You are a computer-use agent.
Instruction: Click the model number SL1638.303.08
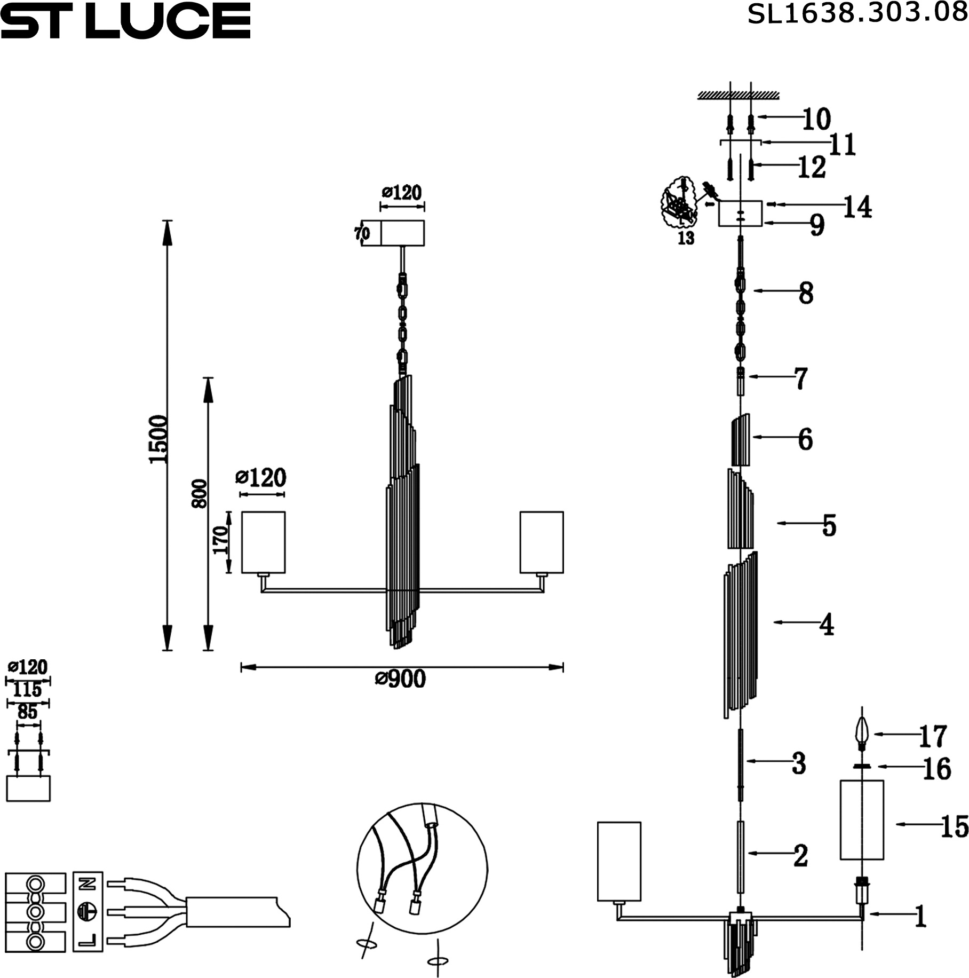(x=857, y=13)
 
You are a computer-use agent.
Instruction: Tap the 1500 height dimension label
(x=158, y=439)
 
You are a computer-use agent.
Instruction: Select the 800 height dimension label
(x=199, y=493)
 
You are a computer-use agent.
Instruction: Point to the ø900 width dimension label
(x=401, y=679)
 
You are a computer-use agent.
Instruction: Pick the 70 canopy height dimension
(x=362, y=233)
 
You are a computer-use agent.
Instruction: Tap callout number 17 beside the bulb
(x=932, y=736)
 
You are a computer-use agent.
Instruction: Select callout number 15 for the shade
(x=955, y=826)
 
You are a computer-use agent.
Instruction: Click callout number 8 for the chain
(x=806, y=293)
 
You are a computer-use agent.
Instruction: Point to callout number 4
(x=827, y=624)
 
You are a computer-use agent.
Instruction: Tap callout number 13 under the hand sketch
(x=686, y=238)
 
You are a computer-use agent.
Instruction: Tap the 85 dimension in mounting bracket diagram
(x=28, y=712)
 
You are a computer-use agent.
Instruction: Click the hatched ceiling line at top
(x=738, y=96)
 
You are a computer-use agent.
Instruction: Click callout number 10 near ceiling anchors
(x=816, y=119)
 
